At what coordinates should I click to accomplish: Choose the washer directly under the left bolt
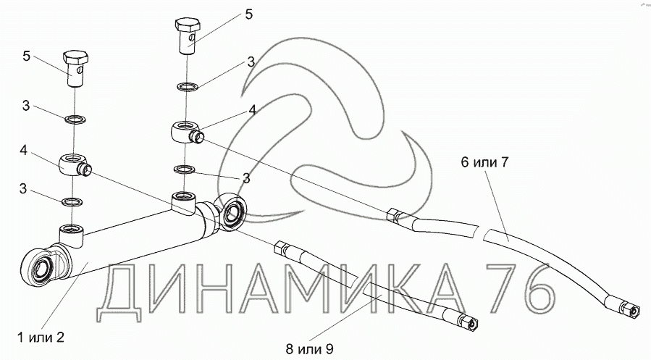tap(75, 119)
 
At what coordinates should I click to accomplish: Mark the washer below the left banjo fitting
tap(72, 201)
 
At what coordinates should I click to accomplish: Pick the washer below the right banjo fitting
tap(185, 170)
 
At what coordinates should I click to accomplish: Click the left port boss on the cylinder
tap(72, 233)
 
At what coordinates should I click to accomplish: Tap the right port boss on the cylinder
tap(182, 200)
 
